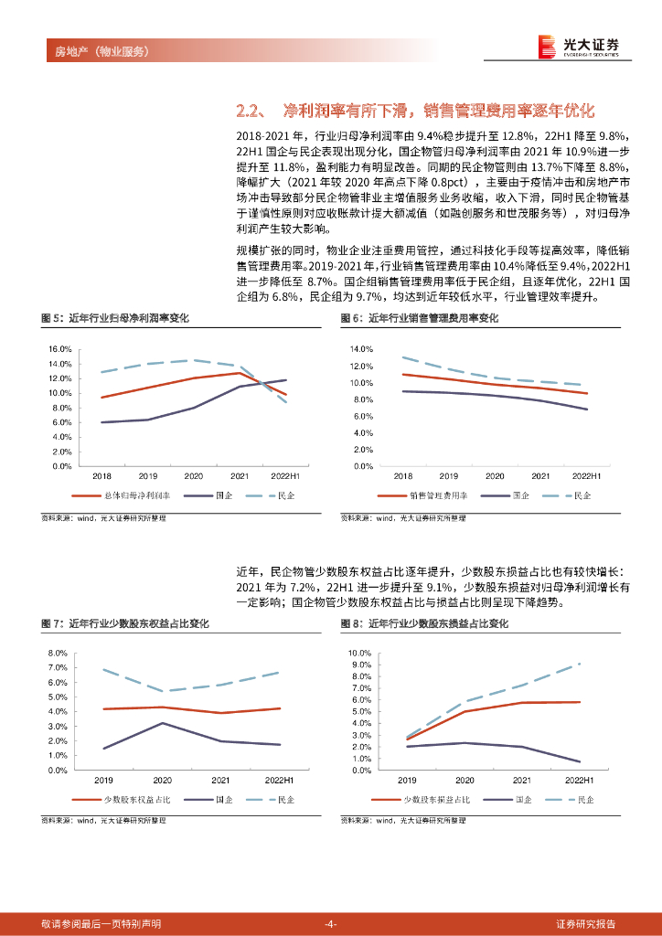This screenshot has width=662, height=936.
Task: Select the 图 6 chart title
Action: click(x=420, y=318)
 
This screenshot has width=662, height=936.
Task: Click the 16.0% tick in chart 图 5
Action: click(x=59, y=349)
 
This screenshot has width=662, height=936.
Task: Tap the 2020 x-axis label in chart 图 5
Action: click(x=194, y=477)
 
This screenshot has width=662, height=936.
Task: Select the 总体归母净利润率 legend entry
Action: click(x=123, y=495)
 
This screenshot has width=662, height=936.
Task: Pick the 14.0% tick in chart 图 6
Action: click(x=362, y=349)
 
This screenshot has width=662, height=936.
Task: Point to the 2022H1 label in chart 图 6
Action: click(x=585, y=477)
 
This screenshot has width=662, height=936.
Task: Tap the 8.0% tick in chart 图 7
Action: click(x=57, y=653)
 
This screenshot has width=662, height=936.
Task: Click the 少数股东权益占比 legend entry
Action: click(x=125, y=799)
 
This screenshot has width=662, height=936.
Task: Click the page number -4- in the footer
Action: click(x=331, y=923)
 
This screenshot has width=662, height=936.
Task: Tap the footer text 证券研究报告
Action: click(x=586, y=923)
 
